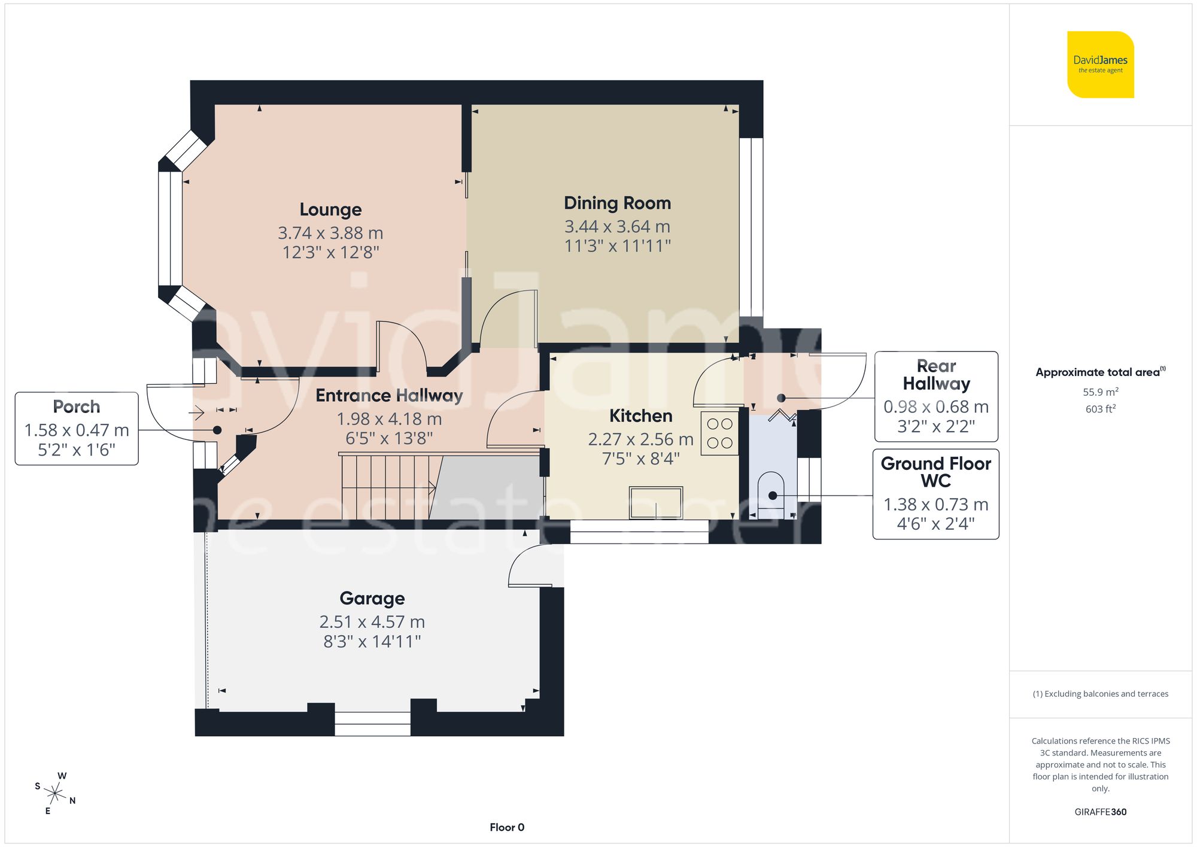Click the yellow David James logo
point(1100,65)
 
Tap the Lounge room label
point(330,210)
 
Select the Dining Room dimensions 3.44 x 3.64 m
point(617,227)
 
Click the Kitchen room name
point(640,416)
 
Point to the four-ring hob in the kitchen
point(719,433)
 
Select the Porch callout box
point(77,429)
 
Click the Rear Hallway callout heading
point(936,375)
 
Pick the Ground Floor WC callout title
point(936,472)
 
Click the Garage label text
point(372,599)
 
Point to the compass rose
point(55,794)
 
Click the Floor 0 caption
point(507,827)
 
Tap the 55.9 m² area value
point(1100,393)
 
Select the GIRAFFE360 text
point(1100,812)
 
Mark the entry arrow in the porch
point(196,412)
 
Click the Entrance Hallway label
point(389,396)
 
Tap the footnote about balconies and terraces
point(1100,694)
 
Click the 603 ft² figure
point(1100,409)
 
